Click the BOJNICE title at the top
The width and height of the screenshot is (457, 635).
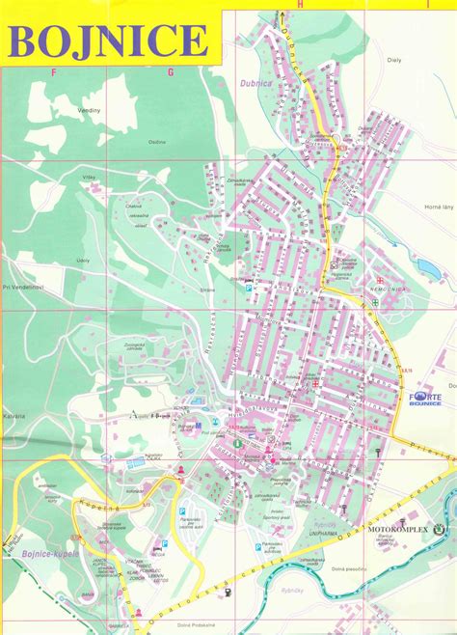tap(108, 41)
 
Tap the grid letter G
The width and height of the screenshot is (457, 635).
tap(171, 71)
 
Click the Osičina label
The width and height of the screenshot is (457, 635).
tap(157, 143)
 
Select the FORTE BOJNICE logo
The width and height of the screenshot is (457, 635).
tap(425, 400)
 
